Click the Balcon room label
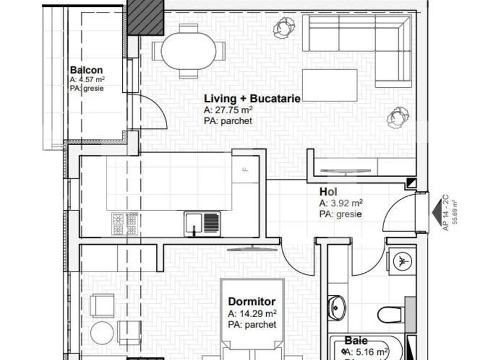86,70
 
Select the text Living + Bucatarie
252,98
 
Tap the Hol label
328,192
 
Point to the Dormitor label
251,302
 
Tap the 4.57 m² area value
91,80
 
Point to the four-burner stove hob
124,223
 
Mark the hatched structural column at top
145,17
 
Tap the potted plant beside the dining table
284,26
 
